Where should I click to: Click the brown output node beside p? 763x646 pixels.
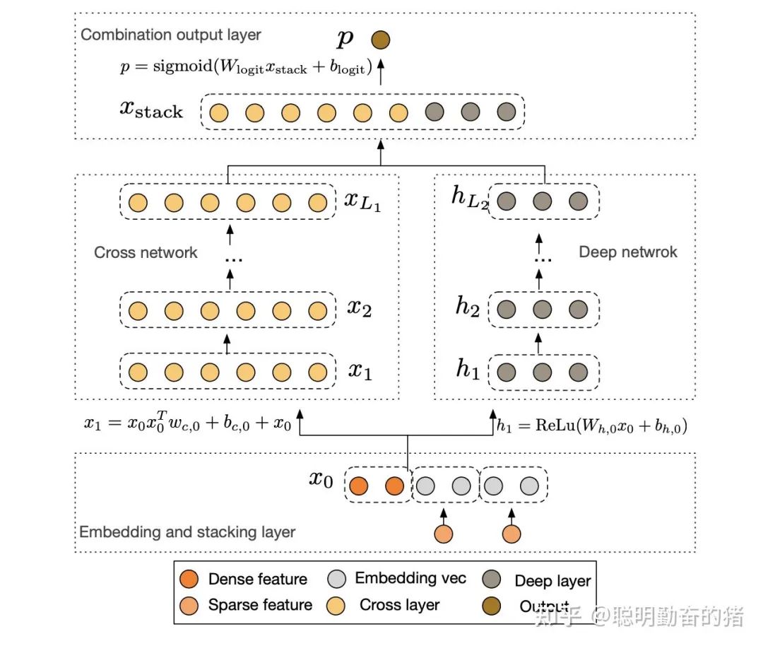381,40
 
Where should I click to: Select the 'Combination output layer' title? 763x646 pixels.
171,35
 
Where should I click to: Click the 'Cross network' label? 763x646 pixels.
146,253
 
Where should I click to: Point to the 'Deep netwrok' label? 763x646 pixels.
628,252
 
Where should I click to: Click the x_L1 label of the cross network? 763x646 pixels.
362,203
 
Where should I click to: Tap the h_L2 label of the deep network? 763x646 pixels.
469,198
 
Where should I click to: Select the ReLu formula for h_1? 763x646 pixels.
592,426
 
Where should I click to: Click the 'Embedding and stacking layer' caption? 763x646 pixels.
187,532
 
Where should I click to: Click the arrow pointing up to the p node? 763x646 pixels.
381,73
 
